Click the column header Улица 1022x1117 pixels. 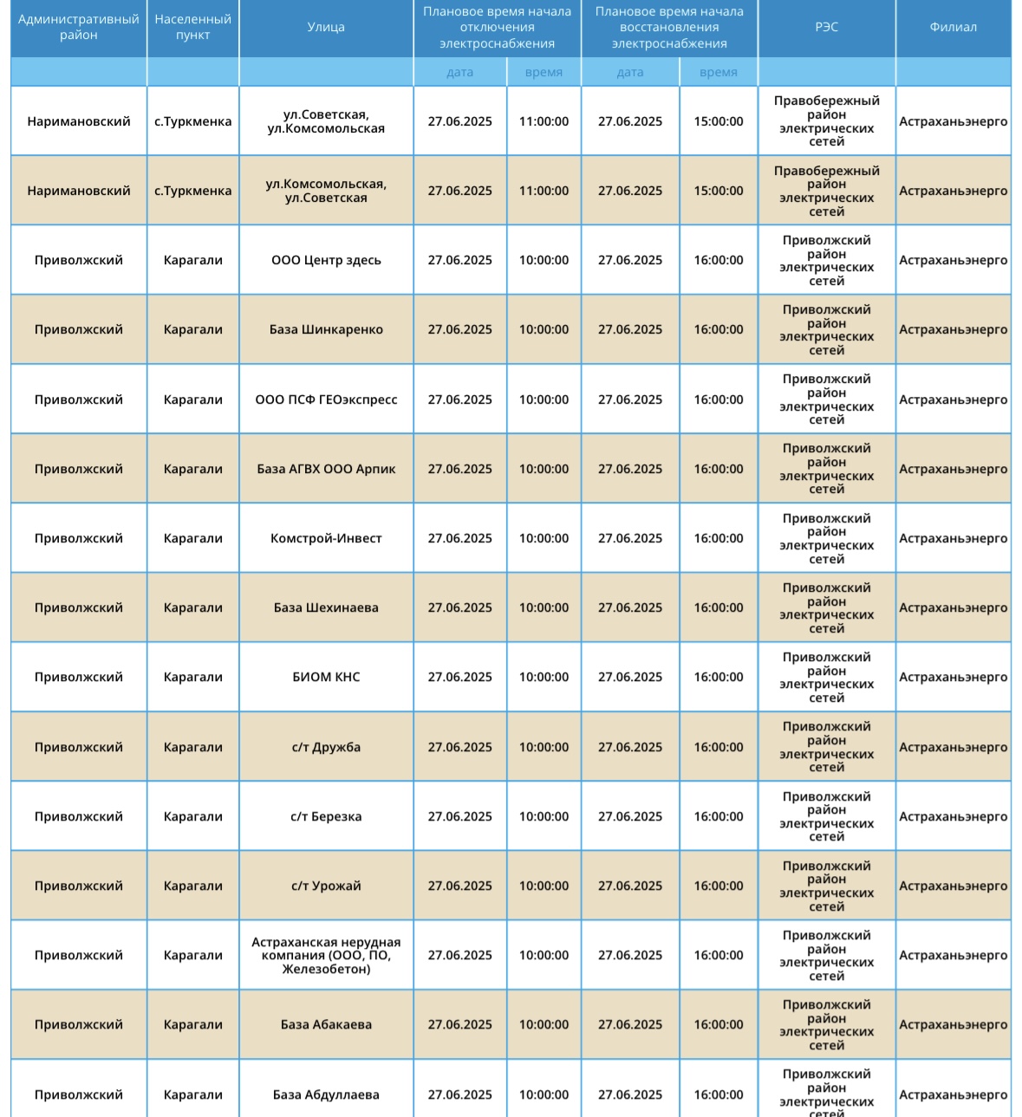point(326,28)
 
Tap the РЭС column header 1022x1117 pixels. point(826,28)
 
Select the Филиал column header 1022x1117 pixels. point(953,28)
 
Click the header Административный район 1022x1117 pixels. point(79,28)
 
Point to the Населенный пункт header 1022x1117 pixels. point(192,28)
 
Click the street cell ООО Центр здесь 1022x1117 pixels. point(326,260)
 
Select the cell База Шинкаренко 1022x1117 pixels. point(326,329)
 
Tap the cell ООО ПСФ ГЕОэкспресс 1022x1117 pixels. point(326,399)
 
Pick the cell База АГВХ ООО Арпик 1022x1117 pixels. point(326,469)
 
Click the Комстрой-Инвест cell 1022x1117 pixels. point(326,538)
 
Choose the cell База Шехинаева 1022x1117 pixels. point(326,607)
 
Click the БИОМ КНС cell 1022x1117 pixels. point(326,677)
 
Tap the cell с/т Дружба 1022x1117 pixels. point(326,747)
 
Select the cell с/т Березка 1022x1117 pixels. point(326,816)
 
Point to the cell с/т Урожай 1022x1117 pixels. point(326,886)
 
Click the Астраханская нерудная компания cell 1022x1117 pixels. point(326,955)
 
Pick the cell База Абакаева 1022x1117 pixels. point(326,1024)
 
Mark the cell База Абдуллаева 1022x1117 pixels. point(326,1094)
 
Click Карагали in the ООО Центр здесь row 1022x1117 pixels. point(192,260)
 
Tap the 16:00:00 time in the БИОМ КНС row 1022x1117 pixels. point(719,677)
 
